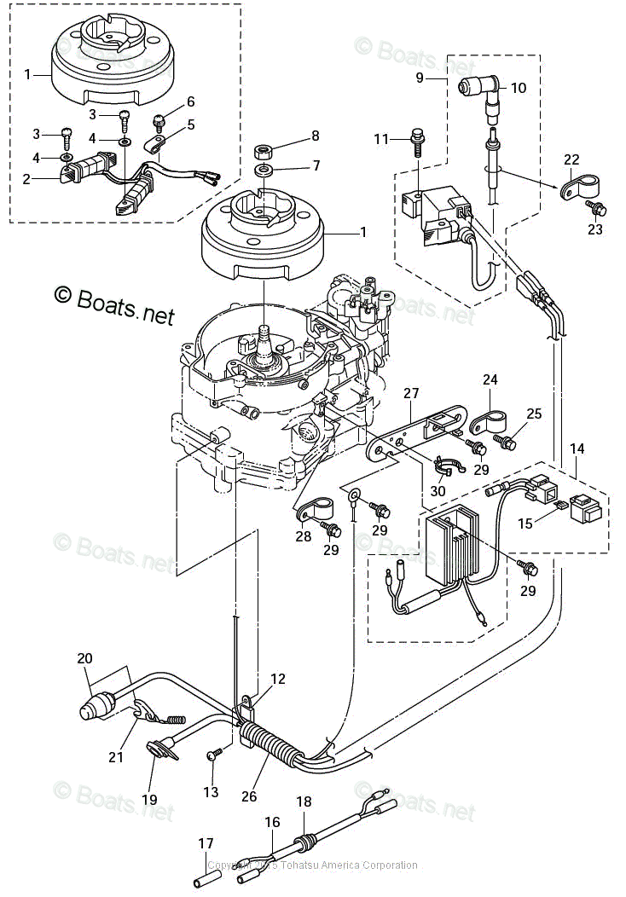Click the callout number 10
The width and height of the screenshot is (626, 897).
[519, 88]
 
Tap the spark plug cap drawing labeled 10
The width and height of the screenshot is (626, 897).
[477, 88]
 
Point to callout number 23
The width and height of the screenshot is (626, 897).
[594, 229]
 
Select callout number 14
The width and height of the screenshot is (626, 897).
[577, 448]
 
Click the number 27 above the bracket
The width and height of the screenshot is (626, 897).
[412, 393]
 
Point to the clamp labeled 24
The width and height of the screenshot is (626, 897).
[483, 421]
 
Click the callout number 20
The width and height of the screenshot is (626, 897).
[84, 658]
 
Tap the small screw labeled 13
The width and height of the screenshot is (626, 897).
[215, 754]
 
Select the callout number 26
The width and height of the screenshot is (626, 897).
[248, 797]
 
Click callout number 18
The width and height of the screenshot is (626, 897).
[304, 802]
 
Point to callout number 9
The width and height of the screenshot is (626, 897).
[420, 78]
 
